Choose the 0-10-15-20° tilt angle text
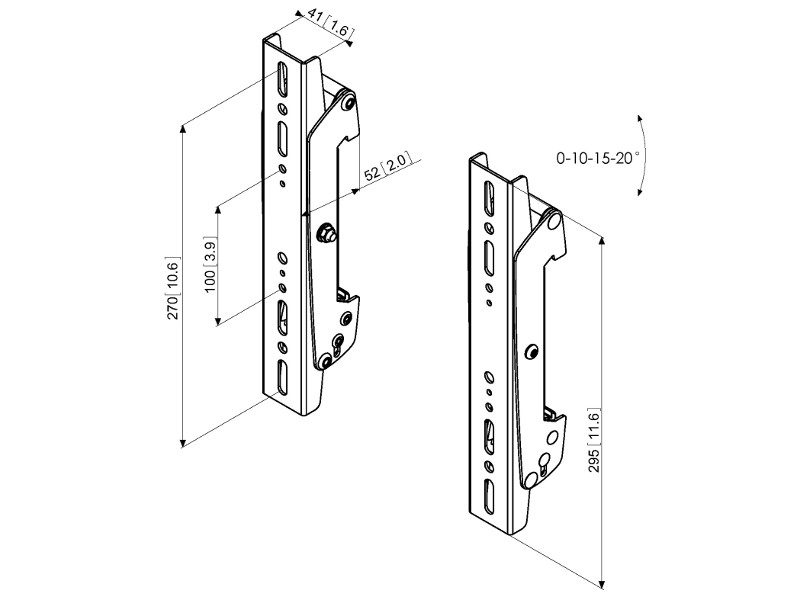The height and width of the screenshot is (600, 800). coord(599,157)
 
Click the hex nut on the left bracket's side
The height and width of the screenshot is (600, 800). coord(325,234)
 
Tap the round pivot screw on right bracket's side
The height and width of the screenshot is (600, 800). coord(532,351)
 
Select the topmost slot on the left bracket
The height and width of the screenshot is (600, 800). coord(282,79)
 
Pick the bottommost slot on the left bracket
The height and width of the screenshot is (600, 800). coord(282,379)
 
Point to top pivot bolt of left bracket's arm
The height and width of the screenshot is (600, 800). coord(346,101)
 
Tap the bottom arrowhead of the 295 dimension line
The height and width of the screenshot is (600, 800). coord(603,582)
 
